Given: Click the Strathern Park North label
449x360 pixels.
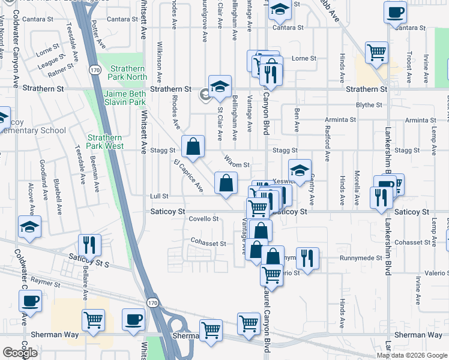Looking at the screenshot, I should [x=128, y=73].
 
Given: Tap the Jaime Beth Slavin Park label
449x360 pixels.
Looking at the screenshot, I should [x=125, y=98].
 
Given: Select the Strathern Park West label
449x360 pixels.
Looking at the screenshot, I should [x=105, y=142].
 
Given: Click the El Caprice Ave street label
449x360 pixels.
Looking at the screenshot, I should [x=187, y=176].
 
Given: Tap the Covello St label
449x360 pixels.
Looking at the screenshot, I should [x=204, y=219].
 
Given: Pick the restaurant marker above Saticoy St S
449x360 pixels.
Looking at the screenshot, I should [x=89, y=244].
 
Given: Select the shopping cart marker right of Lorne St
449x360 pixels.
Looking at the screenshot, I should [x=376, y=52].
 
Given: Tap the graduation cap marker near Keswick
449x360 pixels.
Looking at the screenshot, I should [x=300, y=169].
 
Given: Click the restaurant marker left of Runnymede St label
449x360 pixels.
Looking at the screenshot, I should [x=307, y=258].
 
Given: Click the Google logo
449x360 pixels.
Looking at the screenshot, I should [x=20, y=352].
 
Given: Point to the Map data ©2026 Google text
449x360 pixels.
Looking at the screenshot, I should [x=412, y=355].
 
